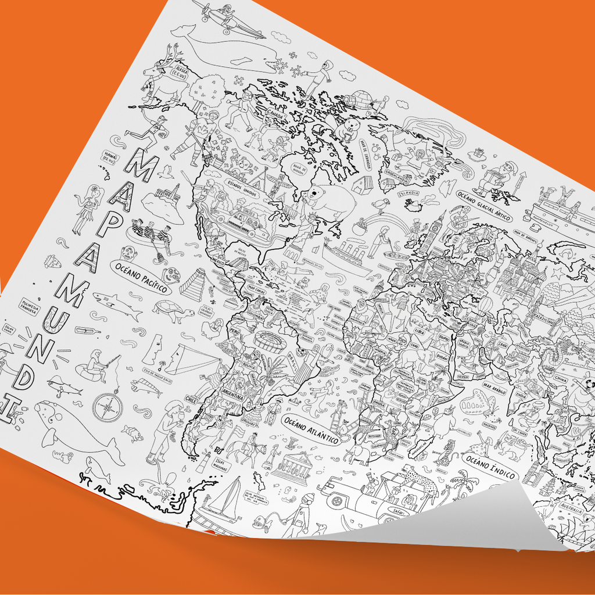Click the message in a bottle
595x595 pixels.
point(87,331)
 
